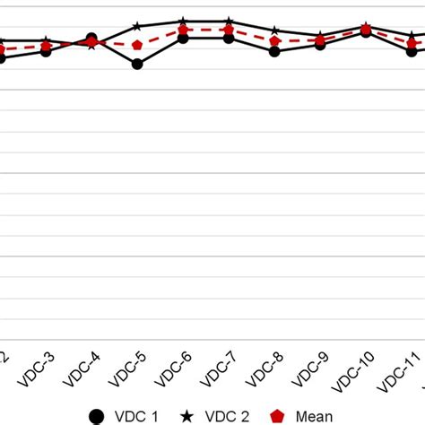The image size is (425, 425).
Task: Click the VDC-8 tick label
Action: [264, 369]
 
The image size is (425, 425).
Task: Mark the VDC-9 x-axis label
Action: [309, 369]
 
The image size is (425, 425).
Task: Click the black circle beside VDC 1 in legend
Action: [97, 416]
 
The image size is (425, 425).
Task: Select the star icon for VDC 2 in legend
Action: [188, 416]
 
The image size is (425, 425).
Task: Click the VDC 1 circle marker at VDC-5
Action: [137, 64]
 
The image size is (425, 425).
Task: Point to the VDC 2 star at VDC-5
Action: [137, 27]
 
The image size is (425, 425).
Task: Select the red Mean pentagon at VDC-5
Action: [137, 45]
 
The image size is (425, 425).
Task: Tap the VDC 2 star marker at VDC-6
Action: [183, 21]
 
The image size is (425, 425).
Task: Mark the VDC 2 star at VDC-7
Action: [230, 21]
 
